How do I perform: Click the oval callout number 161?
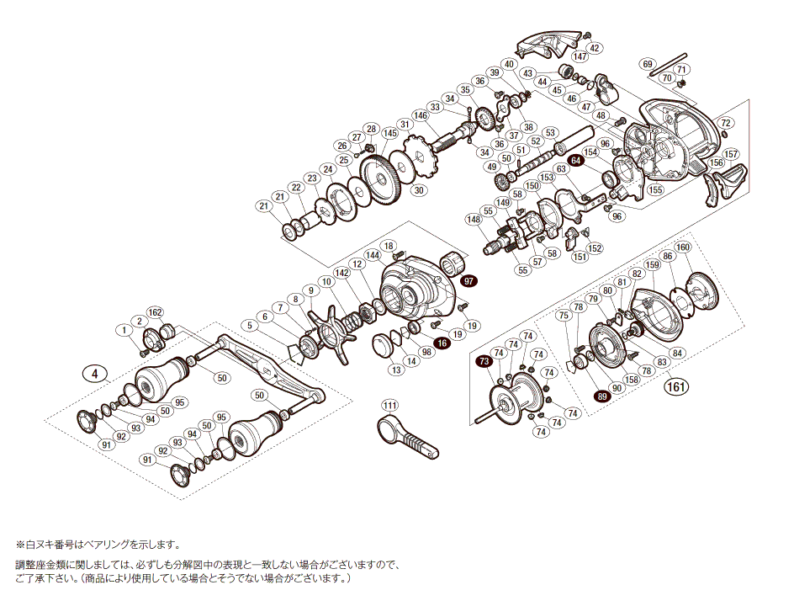677,387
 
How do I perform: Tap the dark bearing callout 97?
468,280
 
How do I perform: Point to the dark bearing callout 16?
442,343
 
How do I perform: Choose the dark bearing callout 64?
576,160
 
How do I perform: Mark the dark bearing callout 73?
483,361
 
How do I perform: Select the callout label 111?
389,406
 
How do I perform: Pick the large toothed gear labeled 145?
383,179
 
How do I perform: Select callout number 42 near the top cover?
594,48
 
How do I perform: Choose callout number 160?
682,247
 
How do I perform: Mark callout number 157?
731,154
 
